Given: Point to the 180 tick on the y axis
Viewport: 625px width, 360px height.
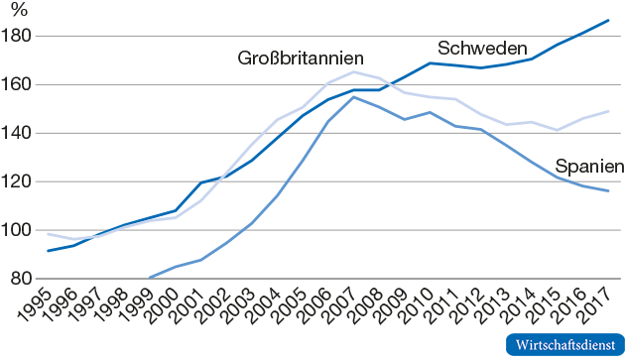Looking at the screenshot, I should [x=20, y=37].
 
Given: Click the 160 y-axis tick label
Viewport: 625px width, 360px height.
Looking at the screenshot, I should [x=20, y=85].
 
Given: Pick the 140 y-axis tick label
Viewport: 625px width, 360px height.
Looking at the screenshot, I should [x=20, y=133].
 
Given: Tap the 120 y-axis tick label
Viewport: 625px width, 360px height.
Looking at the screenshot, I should [x=20, y=181].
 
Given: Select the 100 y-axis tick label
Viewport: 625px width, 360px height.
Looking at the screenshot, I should [x=20, y=230].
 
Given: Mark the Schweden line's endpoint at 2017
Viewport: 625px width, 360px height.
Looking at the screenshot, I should [x=608, y=20].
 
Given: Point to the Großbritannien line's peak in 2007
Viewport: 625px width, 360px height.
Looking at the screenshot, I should [x=353, y=71].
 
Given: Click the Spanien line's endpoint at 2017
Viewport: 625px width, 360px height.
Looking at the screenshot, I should [x=608, y=190].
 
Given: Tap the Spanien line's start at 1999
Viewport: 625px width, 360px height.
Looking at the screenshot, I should [x=149, y=278].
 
